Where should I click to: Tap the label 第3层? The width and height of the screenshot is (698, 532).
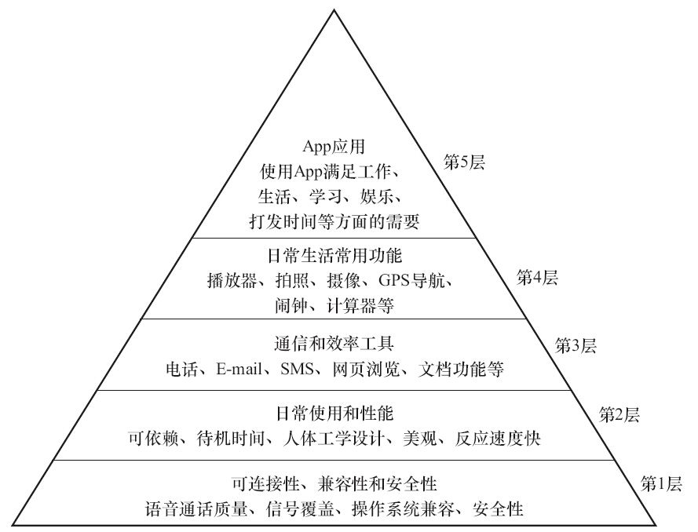[x=576, y=344]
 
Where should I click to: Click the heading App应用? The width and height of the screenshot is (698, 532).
[x=334, y=147]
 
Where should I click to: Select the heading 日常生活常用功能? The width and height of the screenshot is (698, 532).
[x=334, y=255]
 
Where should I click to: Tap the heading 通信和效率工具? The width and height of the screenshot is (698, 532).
[x=334, y=344]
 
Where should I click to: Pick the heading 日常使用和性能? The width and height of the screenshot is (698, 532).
[x=334, y=413]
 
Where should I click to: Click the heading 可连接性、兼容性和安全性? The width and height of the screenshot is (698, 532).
[x=334, y=482]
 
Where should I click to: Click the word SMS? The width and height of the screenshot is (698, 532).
[x=298, y=369]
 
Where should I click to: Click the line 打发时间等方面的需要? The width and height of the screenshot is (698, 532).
[x=334, y=222]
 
